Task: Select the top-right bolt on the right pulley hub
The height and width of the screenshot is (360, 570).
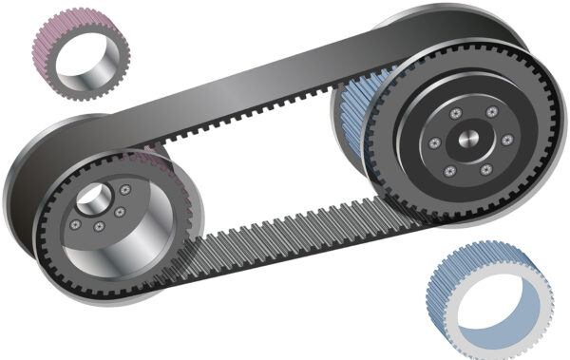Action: pos(491,112)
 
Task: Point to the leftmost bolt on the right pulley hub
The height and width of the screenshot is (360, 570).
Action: pos(434,143)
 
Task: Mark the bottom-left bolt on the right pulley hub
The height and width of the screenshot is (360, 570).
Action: pos(450,171)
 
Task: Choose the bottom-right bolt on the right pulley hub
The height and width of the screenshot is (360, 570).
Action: pos(485,169)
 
